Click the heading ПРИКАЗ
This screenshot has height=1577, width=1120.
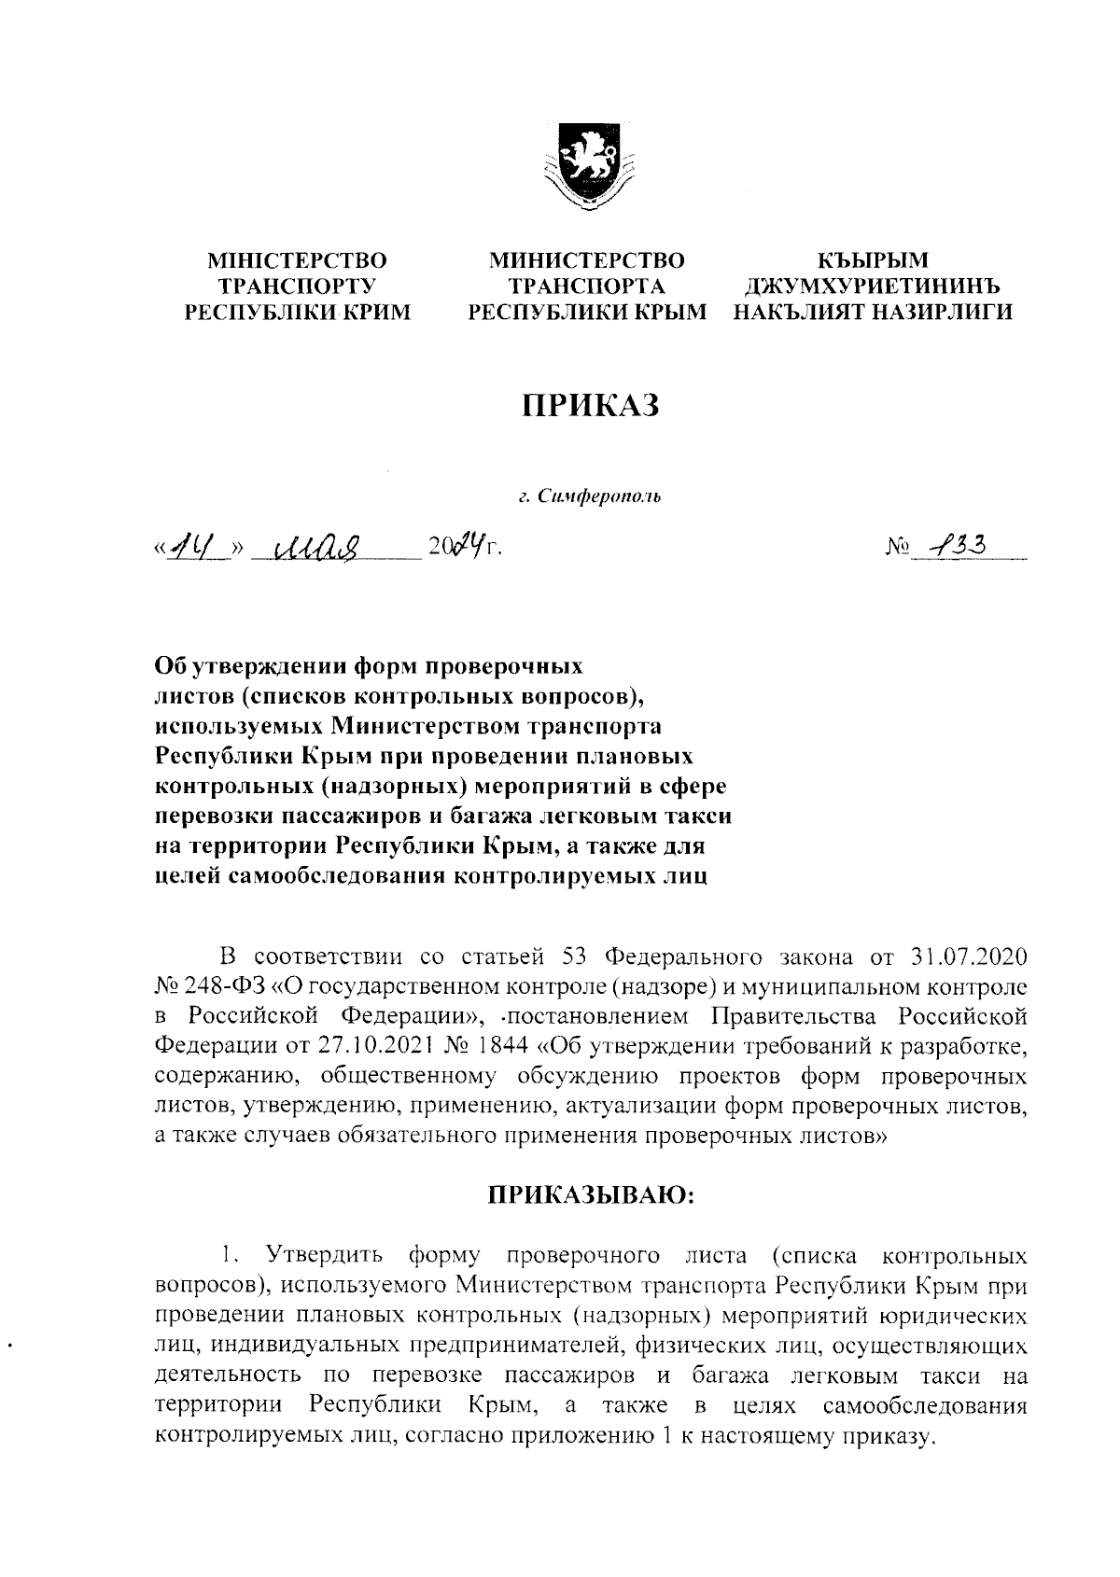(589, 405)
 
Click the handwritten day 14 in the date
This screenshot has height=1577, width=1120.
(194, 545)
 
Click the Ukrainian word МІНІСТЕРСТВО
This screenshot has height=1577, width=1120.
(297, 260)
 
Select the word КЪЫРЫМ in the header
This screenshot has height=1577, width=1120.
(873, 260)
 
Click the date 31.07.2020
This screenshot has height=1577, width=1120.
(967, 958)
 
